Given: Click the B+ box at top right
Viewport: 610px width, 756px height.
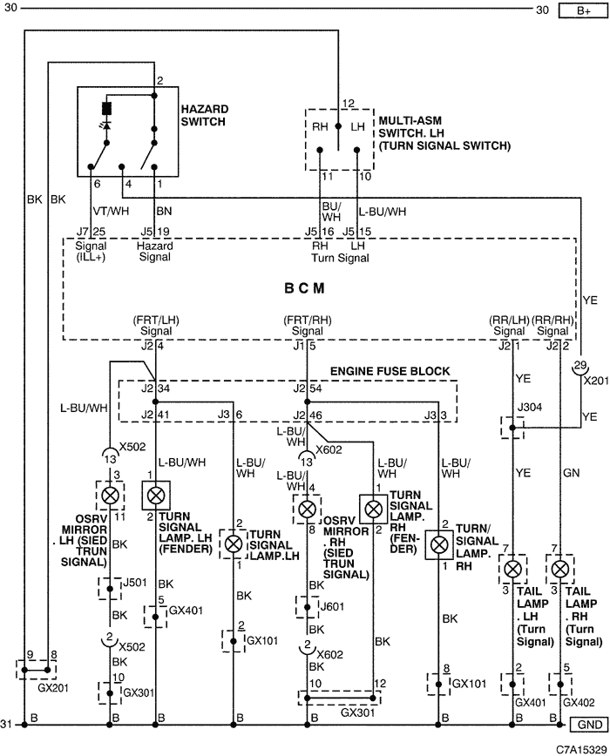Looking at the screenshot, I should coord(583,10).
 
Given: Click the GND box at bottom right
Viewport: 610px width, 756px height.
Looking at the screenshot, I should coord(586,725).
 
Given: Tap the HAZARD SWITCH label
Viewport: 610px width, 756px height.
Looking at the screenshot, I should coord(204,115).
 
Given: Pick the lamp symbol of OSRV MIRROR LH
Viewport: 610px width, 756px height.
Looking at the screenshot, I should coord(110,496).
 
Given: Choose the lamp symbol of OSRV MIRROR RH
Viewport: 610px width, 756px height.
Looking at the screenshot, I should coord(307,508).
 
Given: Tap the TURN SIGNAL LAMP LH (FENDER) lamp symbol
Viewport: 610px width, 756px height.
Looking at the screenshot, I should coord(157,496).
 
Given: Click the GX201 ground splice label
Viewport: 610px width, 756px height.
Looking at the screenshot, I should coord(34,686).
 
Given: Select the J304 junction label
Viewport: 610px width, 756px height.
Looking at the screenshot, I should coord(529,408).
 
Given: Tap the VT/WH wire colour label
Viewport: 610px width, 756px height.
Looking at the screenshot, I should coord(109,211).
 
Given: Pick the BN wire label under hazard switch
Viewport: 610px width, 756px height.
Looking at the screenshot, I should coord(164,211).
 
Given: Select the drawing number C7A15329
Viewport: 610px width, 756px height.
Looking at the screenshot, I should coord(579,747).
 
